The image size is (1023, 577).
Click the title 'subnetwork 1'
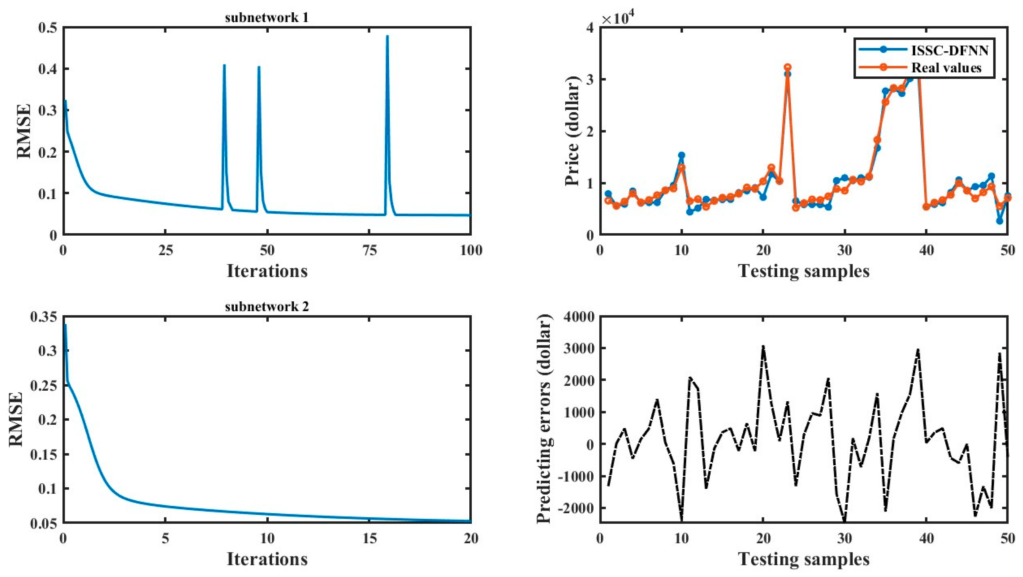266,18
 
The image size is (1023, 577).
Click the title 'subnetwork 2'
266,307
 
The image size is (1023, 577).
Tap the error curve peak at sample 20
763,346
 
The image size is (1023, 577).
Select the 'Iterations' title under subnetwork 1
267,271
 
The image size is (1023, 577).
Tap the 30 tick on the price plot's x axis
845,250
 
